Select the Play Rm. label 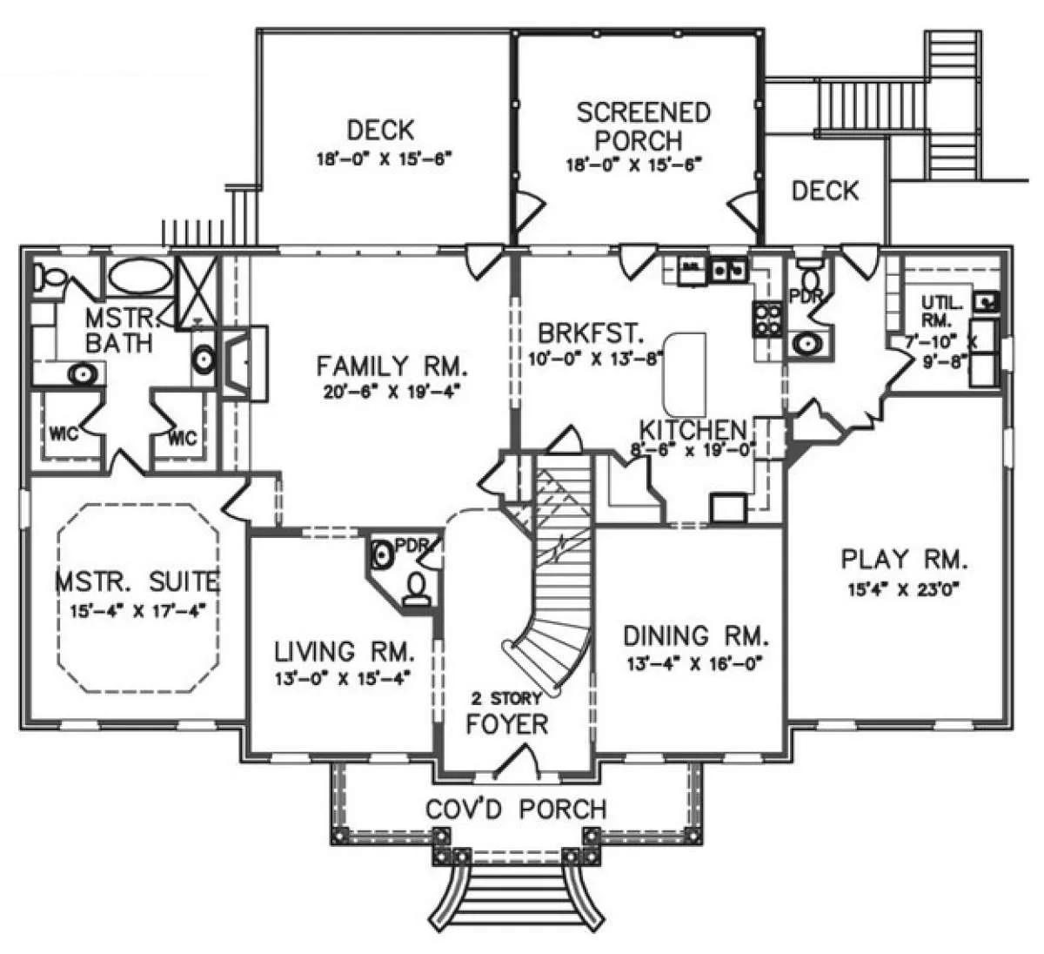(905, 558)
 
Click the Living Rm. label (344, 650)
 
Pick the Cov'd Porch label (515, 809)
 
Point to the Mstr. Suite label (138, 579)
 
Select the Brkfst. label (590, 333)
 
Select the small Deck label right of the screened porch (825, 191)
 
